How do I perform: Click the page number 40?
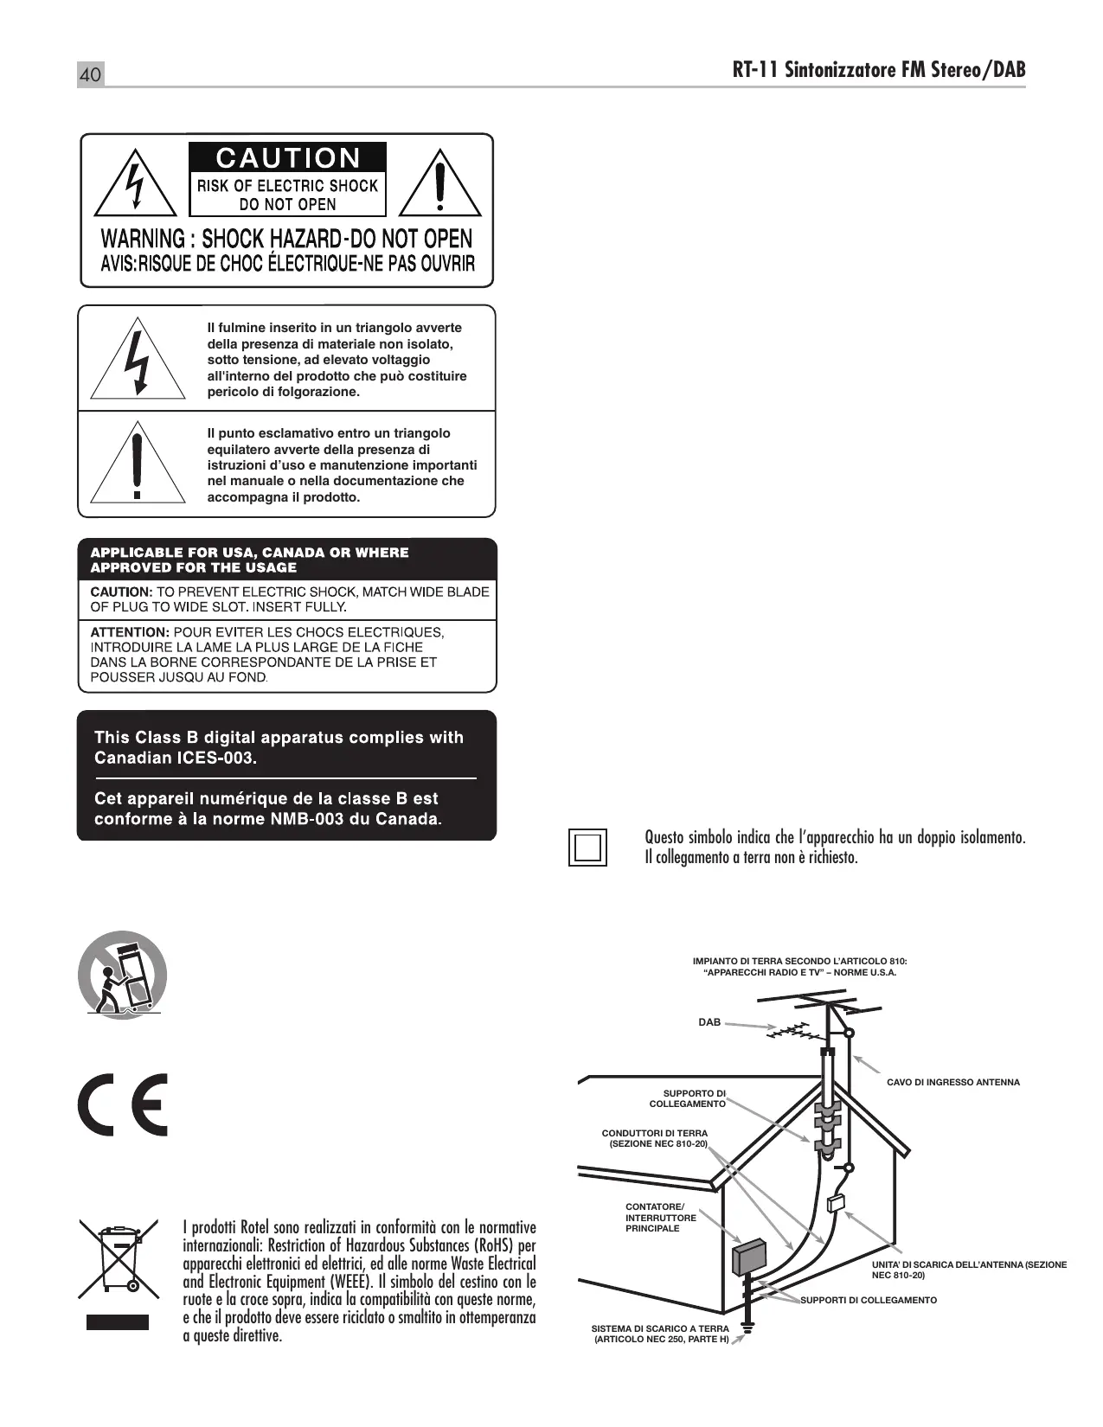pos(90,75)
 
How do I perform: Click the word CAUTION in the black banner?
pos(287,158)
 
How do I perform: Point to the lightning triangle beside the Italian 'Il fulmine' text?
pos(138,362)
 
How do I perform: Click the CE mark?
pos(123,1104)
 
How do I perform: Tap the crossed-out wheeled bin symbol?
pos(119,1258)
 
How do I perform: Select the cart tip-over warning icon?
pos(122,974)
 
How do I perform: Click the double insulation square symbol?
pos(588,847)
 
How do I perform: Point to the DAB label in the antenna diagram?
pos(709,1022)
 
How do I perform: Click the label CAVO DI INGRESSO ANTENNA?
pos(953,1082)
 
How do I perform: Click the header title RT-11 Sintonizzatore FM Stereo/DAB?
pos(878,70)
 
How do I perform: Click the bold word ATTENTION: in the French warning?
pos(129,632)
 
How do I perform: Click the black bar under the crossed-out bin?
pos(118,1322)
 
